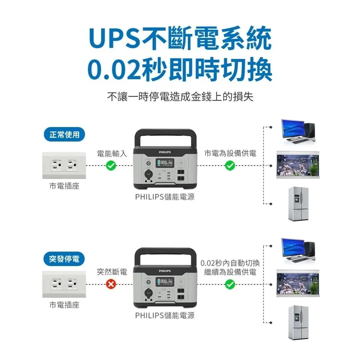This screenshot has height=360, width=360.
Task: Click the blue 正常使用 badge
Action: click(x=64, y=134)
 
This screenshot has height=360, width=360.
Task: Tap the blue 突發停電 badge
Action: click(x=64, y=259)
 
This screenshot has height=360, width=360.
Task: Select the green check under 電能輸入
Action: click(x=111, y=166)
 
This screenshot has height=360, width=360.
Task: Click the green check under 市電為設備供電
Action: click(x=230, y=166)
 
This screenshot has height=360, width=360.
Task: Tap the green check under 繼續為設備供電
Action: click(x=230, y=284)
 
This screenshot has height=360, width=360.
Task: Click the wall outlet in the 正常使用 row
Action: click(x=64, y=166)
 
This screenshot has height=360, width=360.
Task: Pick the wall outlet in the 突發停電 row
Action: click(x=64, y=284)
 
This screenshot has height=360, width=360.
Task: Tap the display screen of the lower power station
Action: click(x=164, y=282)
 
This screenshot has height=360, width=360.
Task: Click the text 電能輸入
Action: click(x=112, y=153)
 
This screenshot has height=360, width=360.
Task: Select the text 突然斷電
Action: click(x=112, y=271)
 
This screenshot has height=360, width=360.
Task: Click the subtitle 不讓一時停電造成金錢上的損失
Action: click(x=180, y=96)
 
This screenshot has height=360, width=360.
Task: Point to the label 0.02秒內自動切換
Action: click(x=230, y=263)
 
